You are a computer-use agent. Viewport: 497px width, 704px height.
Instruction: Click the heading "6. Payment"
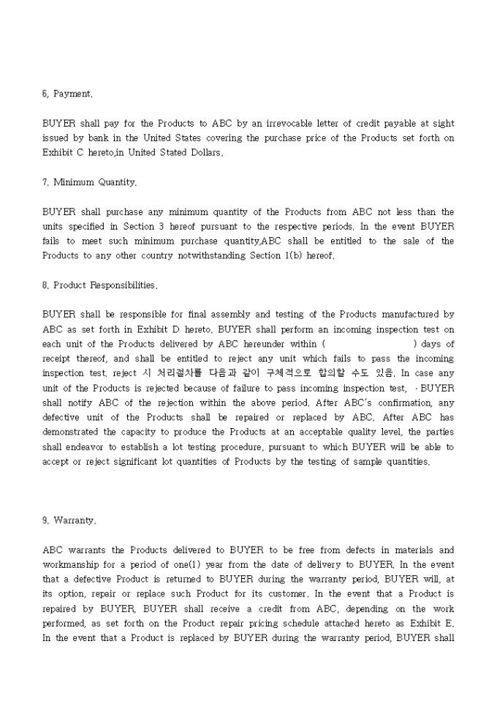point(67,94)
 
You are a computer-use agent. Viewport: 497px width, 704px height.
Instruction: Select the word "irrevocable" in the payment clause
point(279,124)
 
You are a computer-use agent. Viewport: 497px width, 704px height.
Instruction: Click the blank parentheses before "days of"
point(369,343)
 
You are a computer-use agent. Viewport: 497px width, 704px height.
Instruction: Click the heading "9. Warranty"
point(69,521)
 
